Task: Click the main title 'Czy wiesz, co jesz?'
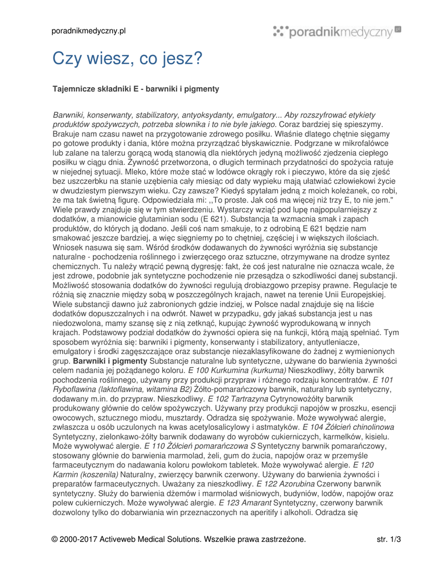(128, 58)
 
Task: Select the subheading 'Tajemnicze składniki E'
(98, 89)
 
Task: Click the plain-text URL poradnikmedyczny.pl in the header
(89, 31)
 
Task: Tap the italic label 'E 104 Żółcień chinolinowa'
(348, 427)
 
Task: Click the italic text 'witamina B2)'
(169, 389)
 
